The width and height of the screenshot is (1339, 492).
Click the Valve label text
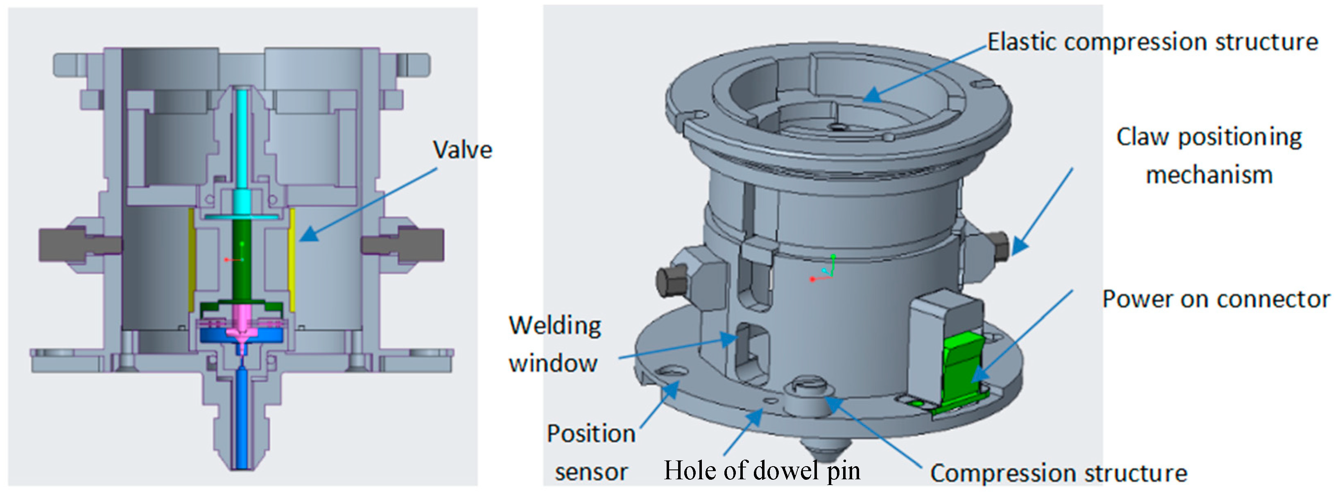point(462,150)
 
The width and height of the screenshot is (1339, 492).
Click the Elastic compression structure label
point(1152,42)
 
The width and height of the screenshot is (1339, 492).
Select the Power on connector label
point(1216,299)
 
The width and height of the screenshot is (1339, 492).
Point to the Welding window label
point(554,344)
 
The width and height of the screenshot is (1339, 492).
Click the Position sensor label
point(591,452)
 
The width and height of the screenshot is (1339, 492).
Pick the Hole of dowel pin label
point(762,470)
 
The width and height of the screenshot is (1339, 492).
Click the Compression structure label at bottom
point(1059,473)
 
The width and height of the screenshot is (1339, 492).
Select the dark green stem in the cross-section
point(241,260)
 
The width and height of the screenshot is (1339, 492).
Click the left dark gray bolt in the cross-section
point(62,245)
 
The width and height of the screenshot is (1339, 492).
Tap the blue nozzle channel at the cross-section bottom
point(242,416)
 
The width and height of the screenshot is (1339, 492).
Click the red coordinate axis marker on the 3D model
point(812,279)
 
